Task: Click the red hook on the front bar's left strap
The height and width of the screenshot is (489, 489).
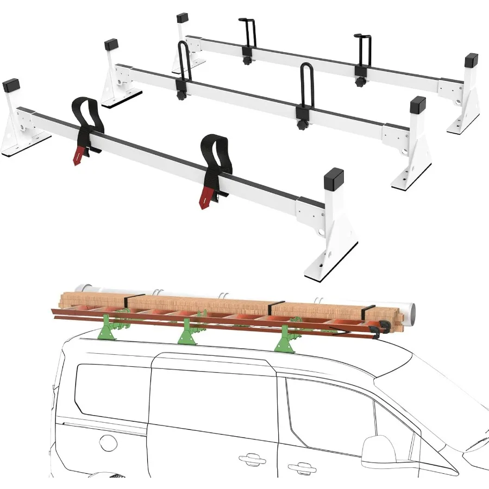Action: pos(80,155)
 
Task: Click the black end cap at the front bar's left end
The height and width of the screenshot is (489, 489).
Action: pos(10,86)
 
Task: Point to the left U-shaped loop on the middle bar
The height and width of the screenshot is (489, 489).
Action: pos(183,62)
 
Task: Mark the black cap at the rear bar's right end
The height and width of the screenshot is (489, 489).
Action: pos(471,59)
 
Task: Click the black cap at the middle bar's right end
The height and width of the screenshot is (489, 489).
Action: pos(417,103)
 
